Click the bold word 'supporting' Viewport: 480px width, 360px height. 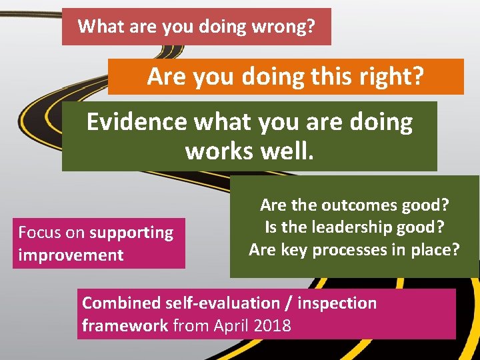click(131, 233)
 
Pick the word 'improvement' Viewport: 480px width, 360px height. click(71, 255)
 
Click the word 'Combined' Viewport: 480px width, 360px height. click(121, 303)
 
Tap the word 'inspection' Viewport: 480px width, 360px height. click(337, 303)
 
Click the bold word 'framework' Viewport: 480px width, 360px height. click(125, 326)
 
